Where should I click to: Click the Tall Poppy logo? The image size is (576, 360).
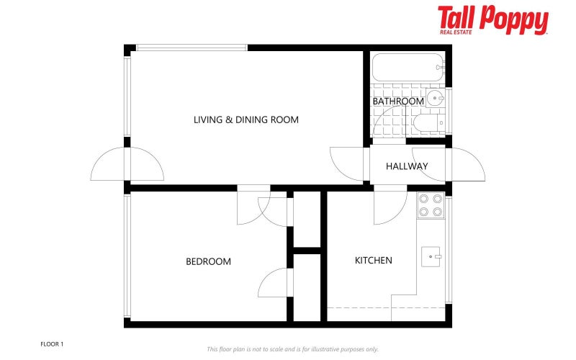pyautogui.click(x=492, y=19)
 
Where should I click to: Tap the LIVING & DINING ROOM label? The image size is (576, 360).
pyautogui.click(x=246, y=120)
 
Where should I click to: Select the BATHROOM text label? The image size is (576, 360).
pyautogui.click(x=397, y=102)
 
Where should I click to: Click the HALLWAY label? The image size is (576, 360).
pyautogui.click(x=407, y=166)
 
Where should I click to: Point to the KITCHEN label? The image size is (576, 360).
pyautogui.click(x=373, y=260)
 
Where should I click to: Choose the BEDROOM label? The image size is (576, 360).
pyautogui.click(x=208, y=261)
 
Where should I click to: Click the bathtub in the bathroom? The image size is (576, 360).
pyautogui.click(x=408, y=67)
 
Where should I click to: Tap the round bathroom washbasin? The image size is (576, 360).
pyautogui.click(x=435, y=99)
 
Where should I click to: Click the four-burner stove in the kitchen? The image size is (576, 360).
pyautogui.click(x=431, y=205)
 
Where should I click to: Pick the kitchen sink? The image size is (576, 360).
pyautogui.click(x=431, y=256)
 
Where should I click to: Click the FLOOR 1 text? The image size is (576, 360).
pyautogui.click(x=52, y=344)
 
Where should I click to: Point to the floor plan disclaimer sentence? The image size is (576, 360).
pyautogui.click(x=292, y=349)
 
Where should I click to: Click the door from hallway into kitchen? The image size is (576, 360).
pyautogui.click(x=389, y=205)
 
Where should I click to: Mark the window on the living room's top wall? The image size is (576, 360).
pyautogui.click(x=192, y=48)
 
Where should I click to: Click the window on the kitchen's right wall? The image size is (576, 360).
pyautogui.click(x=449, y=248)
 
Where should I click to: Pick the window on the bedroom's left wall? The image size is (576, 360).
pyautogui.click(x=127, y=256)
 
